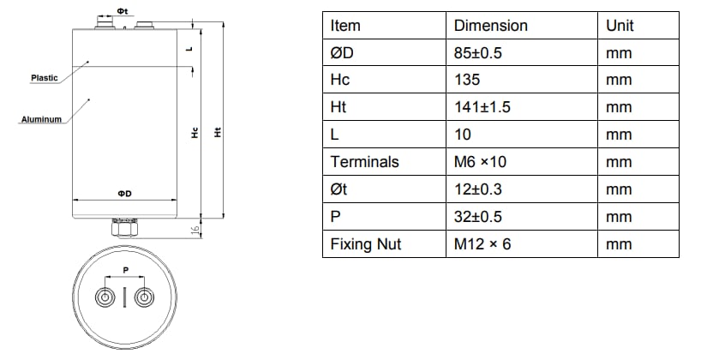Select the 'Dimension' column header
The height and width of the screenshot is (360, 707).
tap(490, 25)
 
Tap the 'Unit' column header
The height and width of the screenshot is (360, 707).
tap(620, 25)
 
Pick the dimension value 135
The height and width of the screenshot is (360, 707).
tap(466, 80)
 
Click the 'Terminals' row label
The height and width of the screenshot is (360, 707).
tap(364, 162)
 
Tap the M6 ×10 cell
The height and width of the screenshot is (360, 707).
tap(483, 162)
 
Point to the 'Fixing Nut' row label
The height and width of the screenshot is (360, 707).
tap(365, 244)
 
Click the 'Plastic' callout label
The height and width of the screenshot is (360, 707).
tap(44, 78)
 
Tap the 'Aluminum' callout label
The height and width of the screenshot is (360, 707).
tap(40, 120)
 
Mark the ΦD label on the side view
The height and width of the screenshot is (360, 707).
tap(124, 195)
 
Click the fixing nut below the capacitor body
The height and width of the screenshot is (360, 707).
tap(124, 227)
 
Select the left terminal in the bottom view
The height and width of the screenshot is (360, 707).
tap(105, 297)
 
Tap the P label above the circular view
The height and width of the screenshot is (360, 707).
tap(125, 268)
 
